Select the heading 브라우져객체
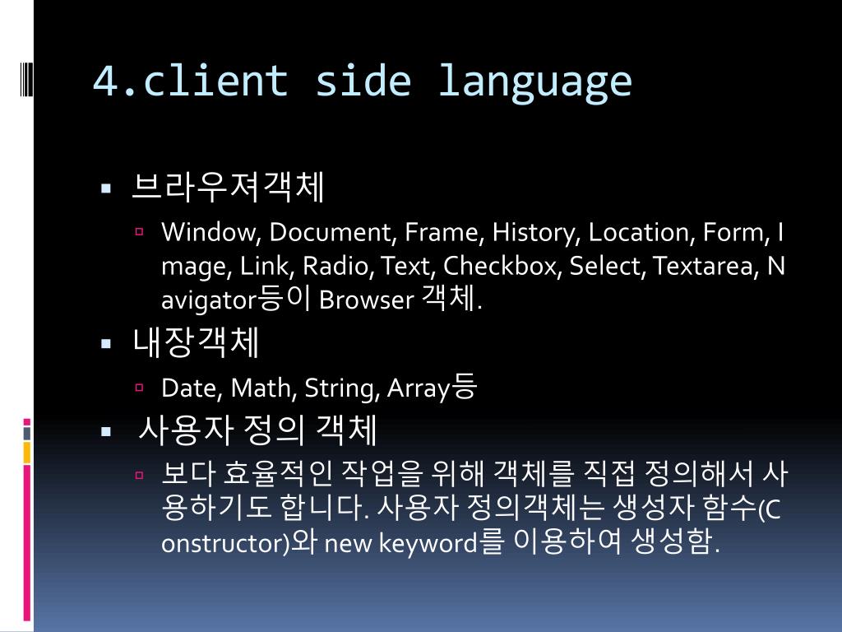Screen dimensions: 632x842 click(228, 188)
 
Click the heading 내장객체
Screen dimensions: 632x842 click(196, 343)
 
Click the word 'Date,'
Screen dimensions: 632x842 click(192, 388)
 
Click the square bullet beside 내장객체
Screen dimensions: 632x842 click(106, 344)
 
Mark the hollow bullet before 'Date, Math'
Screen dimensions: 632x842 click(140, 386)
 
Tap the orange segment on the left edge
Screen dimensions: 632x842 click(27, 452)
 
